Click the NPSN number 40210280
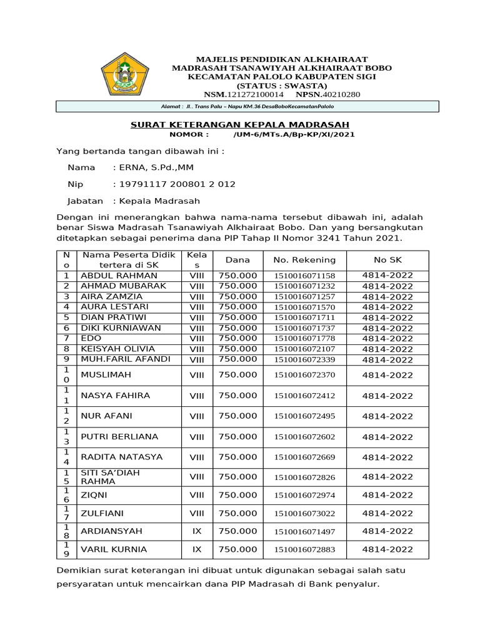pyautogui.click(x=337, y=94)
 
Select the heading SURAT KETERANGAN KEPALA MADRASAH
pyautogui.click(x=239, y=124)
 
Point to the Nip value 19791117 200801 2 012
pyautogui.click(x=174, y=184)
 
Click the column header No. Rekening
pyautogui.click(x=304, y=260)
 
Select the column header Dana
pyautogui.click(x=237, y=260)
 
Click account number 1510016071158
pyautogui.click(x=304, y=276)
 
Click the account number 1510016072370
pyautogui.click(x=304, y=376)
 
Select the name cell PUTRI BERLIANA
pyautogui.click(x=119, y=436)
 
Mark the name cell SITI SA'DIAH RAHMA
pyautogui.click(x=110, y=477)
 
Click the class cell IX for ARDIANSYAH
pyautogui.click(x=197, y=531)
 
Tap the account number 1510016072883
pyautogui.click(x=304, y=550)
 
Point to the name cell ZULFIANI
pyautogui.click(x=102, y=513)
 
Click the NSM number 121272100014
pyautogui.click(x=252, y=94)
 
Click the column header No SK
pyautogui.click(x=387, y=260)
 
